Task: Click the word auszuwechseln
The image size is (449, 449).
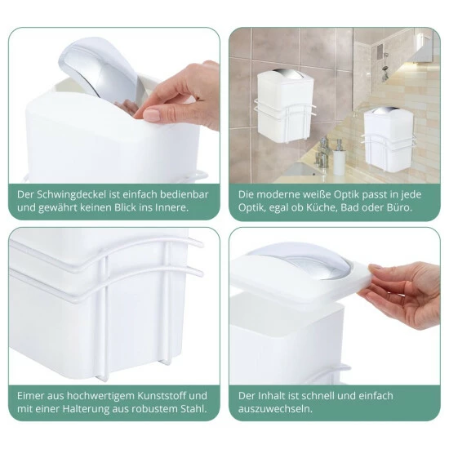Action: [275, 409]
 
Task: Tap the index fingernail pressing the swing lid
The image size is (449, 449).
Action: [151, 113]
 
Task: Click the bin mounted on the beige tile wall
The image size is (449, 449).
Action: [389, 140]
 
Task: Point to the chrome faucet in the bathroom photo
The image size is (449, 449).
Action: [322, 153]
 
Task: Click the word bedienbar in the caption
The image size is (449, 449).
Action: [184, 195]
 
